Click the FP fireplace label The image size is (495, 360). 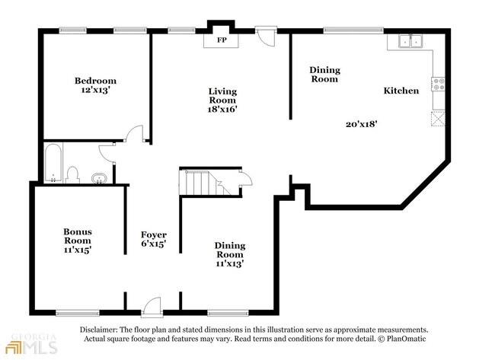(x=222, y=40)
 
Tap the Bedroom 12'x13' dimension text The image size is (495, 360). (x=95, y=90)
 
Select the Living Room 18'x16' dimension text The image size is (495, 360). (x=222, y=109)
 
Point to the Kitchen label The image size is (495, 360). (x=401, y=91)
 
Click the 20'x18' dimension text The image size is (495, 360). (x=362, y=124)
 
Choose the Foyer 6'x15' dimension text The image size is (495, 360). (x=153, y=244)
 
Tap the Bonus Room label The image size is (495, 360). (x=78, y=236)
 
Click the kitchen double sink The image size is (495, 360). (x=410, y=41)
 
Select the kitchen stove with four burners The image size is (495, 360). (x=439, y=84)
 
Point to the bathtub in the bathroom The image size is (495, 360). (x=53, y=163)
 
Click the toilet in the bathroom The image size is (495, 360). (x=72, y=175)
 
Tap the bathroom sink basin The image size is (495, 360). (x=99, y=178)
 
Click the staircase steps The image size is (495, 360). (x=204, y=183)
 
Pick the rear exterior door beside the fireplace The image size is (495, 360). (x=266, y=37)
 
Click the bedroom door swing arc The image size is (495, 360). (x=134, y=132)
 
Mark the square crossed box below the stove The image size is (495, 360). (x=438, y=119)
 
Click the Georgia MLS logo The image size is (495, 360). (x=31, y=343)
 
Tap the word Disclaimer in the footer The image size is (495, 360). (x=98, y=330)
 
